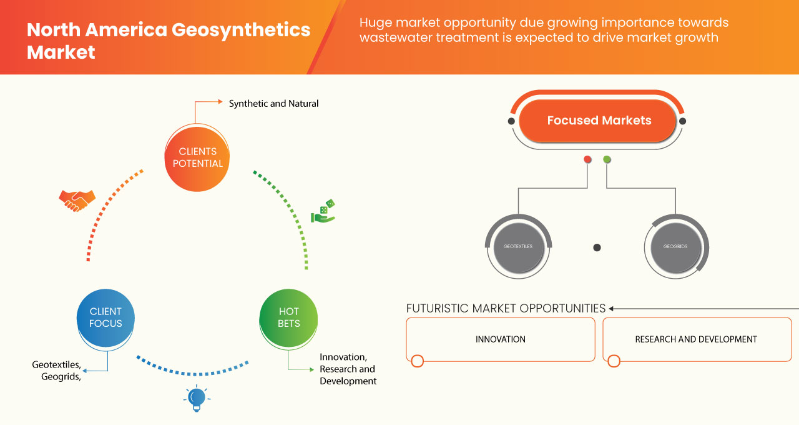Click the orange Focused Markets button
point(599,121)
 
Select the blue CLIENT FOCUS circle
point(105,317)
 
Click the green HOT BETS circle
point(288,317)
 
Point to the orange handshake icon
point(77,201)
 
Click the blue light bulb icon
point(197,398)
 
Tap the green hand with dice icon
point(323,212)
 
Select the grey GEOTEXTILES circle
point(517,246)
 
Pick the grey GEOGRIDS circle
point(675,246)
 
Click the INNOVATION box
point(501,339)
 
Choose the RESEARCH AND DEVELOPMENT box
point(696,339)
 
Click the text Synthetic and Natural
point(273,104)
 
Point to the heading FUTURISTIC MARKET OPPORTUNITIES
point(506,308)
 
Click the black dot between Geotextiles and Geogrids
point(597,247)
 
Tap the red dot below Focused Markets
point(587,159)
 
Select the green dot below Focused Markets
point(607,159)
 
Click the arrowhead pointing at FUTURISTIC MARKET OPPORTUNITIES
point(612,308)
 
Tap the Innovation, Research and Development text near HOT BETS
point(348,369)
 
